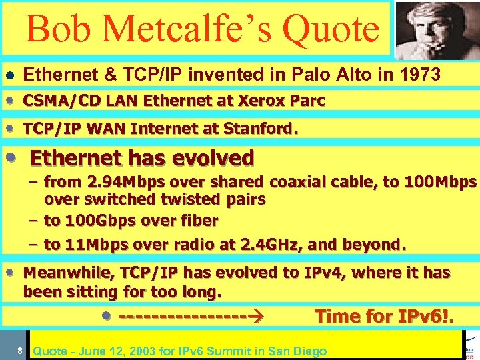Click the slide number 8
pyautogui.click(x=21, y=351)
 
